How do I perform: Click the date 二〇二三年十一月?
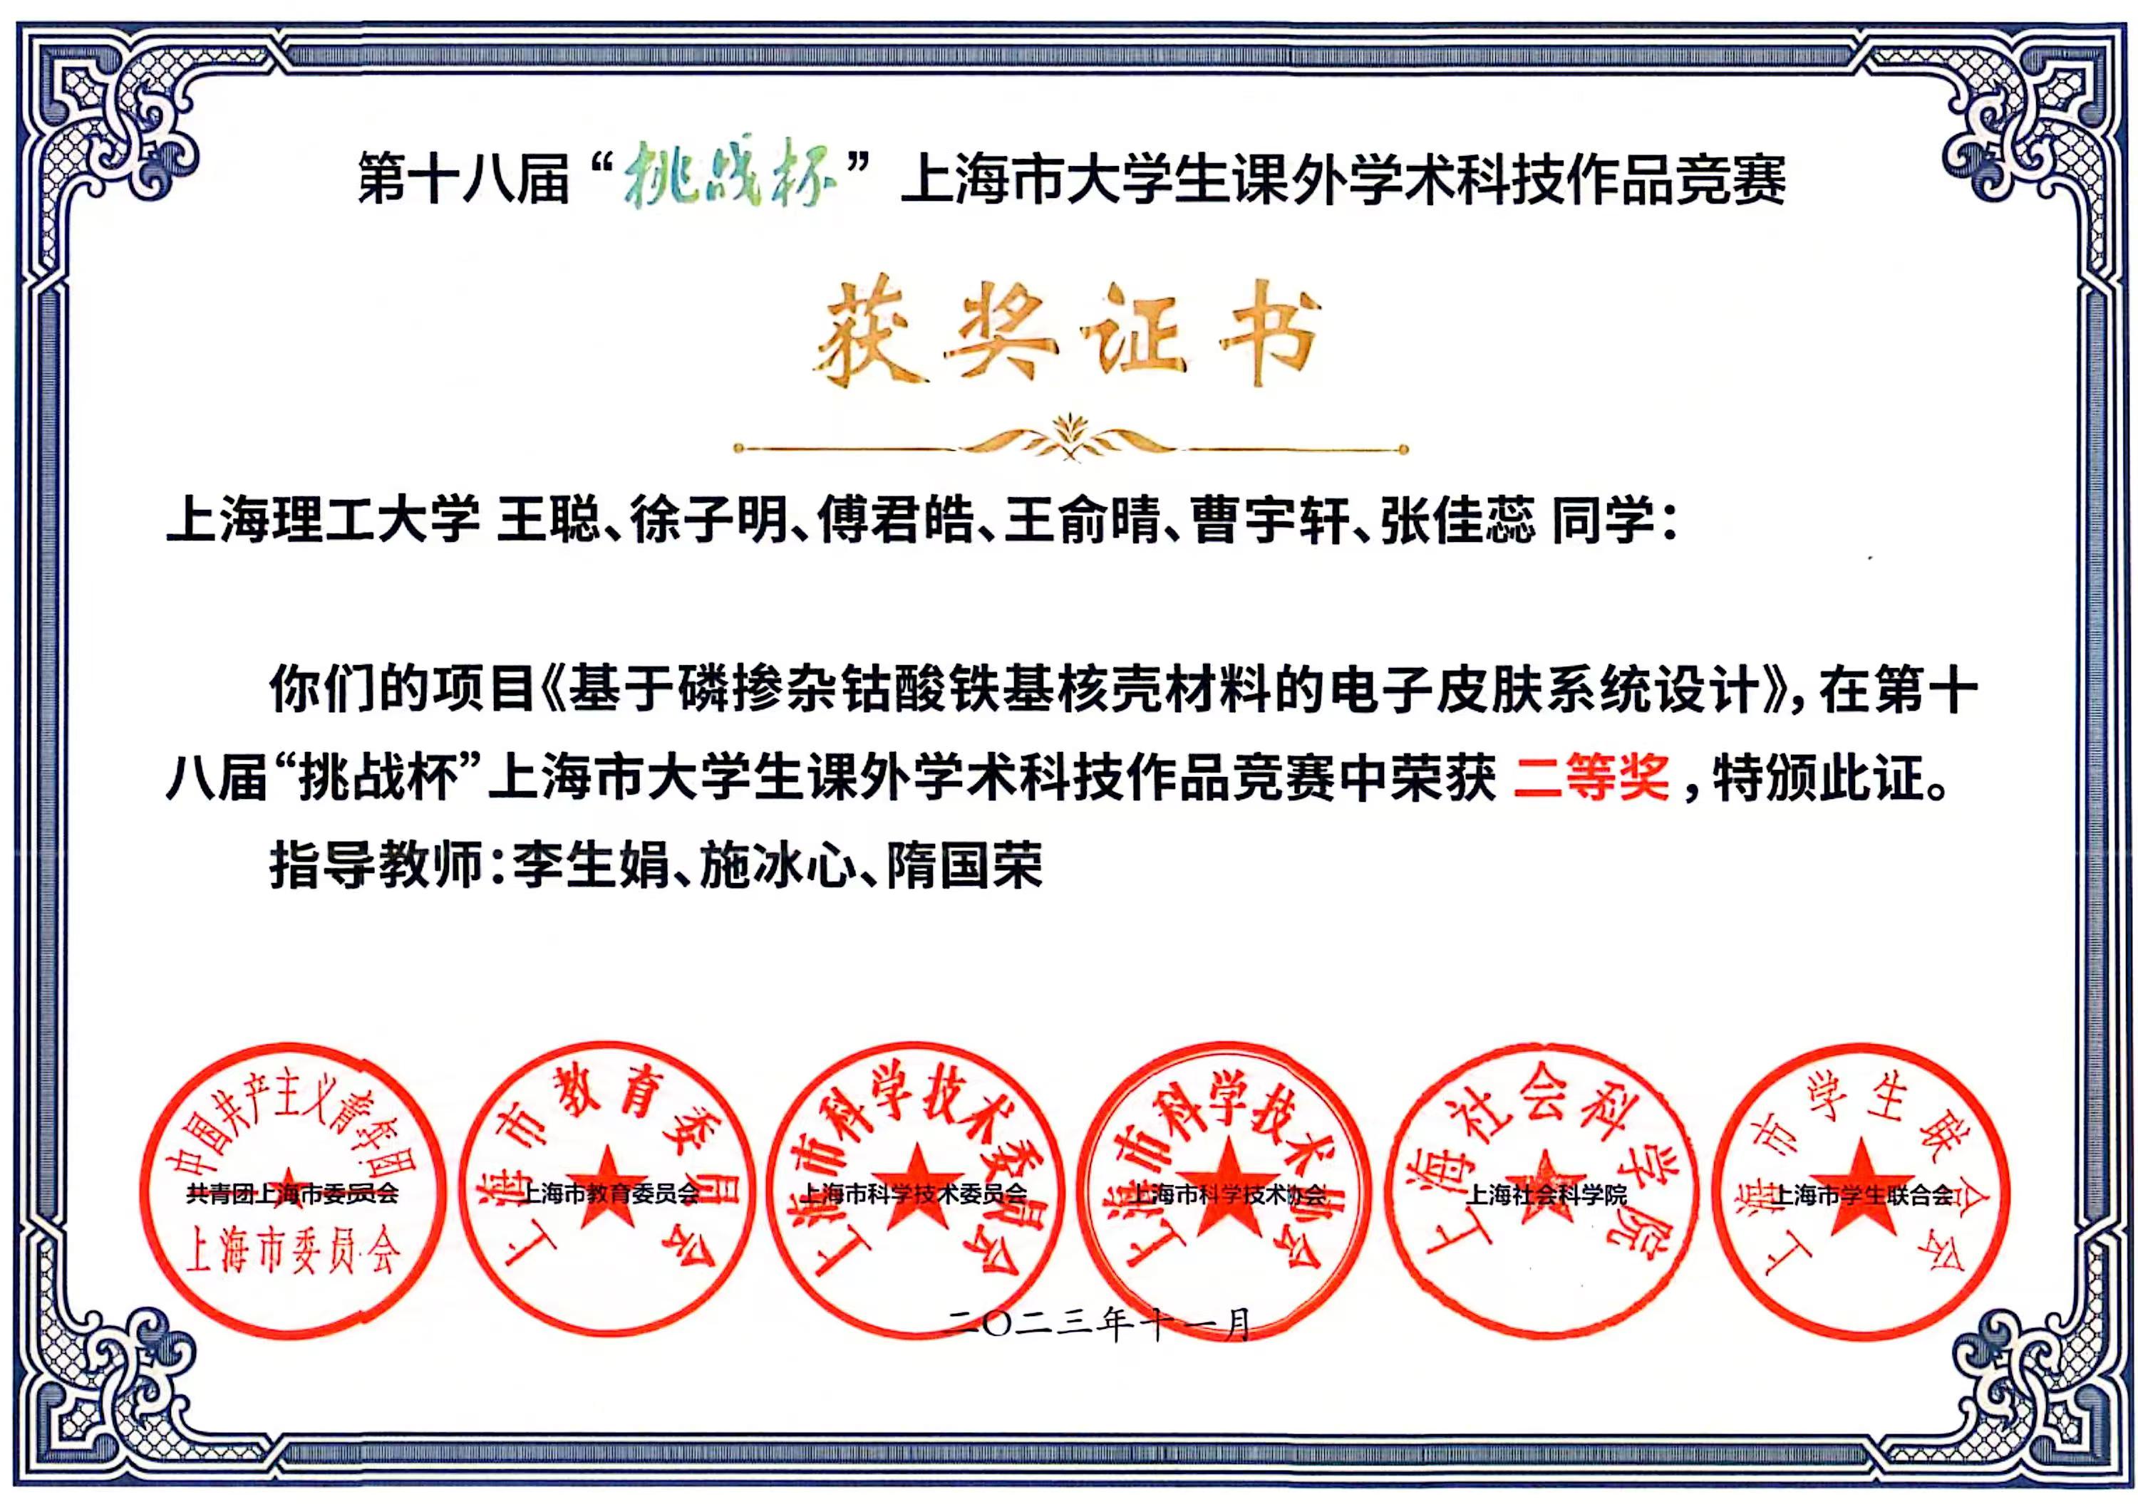[1099, 1325]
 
